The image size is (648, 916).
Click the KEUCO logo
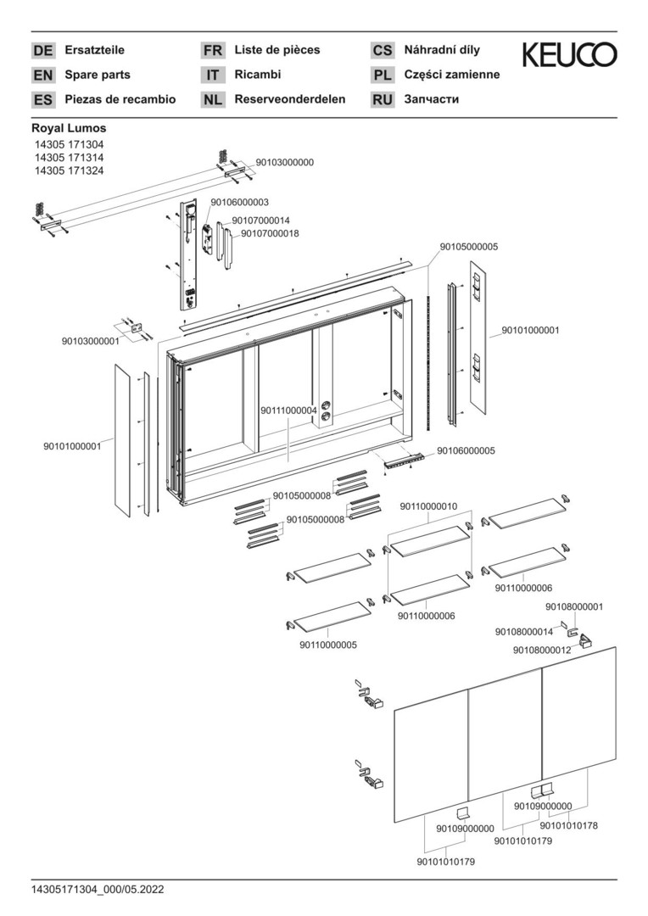coord(569,56)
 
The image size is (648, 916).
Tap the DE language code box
coord(42,51)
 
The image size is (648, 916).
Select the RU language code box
coord(383,100)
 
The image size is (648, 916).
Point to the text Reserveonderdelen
coord(290,99)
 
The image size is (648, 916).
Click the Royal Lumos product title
coord(69,128)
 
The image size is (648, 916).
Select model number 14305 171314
coord(69,158)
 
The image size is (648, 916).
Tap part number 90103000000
coord(284,162)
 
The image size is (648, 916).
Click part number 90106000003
coord(240,202)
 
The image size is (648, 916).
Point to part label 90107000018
coord(270,233)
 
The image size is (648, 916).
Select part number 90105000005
coord(468,247)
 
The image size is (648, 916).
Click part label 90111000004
coord(288,411)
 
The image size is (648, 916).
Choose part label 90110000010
coord(428,505)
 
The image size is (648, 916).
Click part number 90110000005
coord(327,645)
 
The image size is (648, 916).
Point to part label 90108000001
coord(574,606)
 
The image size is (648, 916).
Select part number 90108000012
coord(542,650)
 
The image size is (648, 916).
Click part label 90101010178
coord(569,824)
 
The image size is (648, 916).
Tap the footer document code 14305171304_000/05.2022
coord(98,890)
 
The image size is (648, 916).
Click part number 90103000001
coord(90,341)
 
